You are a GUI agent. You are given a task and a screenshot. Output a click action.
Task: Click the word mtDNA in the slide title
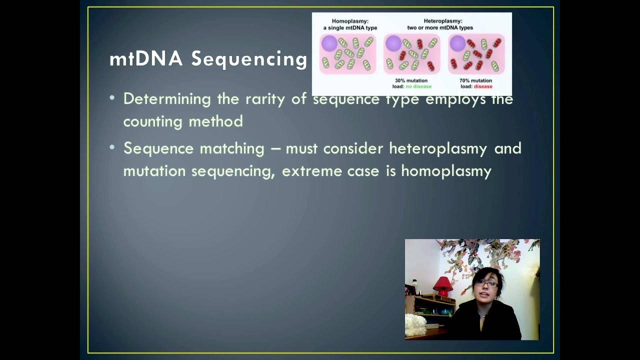(x=146, y=59)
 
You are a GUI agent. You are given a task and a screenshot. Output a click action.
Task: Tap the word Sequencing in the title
(x=249, y=59)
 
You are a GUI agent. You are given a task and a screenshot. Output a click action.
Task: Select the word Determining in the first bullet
(x=167, y=99)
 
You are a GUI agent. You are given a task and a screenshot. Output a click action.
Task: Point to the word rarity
(x=265, y=99)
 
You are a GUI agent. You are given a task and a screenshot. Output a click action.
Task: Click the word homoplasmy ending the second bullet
(x=446, y=171)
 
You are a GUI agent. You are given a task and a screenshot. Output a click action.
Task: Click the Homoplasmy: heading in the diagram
(x=350, y=21)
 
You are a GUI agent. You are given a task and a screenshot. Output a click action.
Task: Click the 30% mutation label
(x=411, y=80)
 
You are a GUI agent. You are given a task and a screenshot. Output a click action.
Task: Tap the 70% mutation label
(x=475, y=80)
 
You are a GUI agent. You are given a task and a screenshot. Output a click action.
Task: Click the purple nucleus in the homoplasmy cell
(x=329, y=43)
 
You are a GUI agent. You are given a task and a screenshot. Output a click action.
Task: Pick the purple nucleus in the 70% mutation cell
(x=457, y=43)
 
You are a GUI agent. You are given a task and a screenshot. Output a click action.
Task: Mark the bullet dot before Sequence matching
(x=112, y=147)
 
